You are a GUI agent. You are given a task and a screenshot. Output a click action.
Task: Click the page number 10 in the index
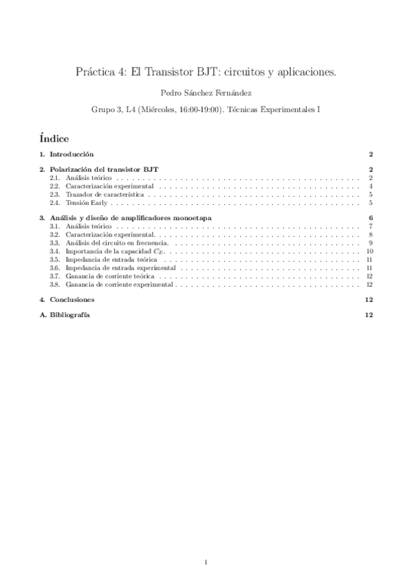pyautogui.click(x=369, y=251)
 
